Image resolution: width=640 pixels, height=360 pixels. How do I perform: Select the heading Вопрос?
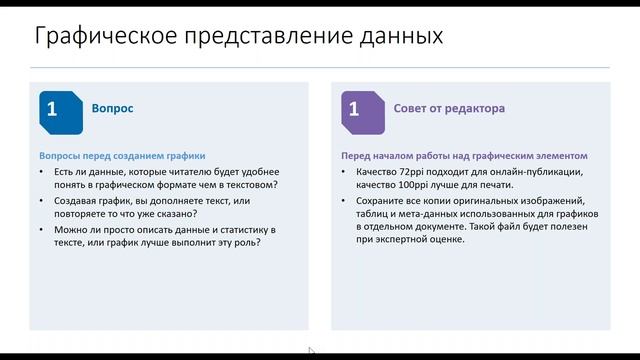(x=112, y=109)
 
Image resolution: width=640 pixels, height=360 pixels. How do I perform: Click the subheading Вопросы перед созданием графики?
(x=122, y=156)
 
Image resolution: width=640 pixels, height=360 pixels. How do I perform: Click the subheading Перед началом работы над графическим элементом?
(x=464, y=156)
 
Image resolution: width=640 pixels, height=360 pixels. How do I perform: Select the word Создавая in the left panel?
(x=74, y=200)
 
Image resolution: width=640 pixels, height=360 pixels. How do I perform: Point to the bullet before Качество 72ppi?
(x=347, y=172)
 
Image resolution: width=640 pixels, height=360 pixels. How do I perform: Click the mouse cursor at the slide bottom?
(x=310, y=350)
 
